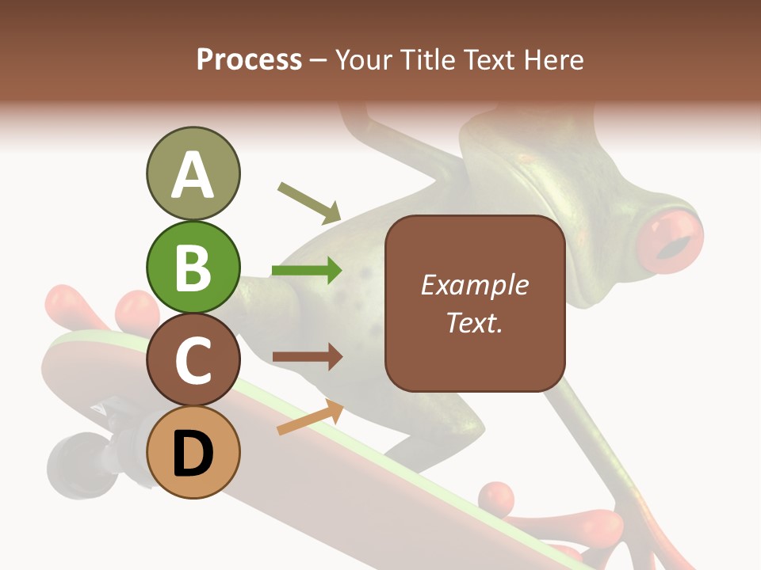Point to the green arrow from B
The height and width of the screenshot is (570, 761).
(307, 271)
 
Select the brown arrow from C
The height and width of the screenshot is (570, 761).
(307, 357)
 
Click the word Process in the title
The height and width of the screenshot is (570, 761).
(249, 59)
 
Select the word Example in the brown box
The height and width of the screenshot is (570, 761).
(474, 285)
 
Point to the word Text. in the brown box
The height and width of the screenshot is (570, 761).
(474, 323)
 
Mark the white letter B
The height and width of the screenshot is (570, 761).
(193, 268)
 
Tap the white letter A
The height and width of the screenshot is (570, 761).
(193, 174)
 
